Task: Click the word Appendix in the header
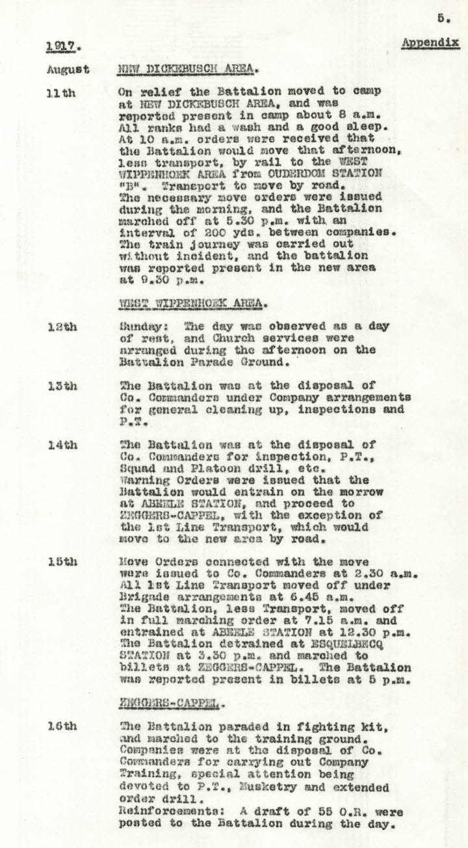(430, 43)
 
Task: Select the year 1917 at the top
(59, 46)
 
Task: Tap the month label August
(68, 70)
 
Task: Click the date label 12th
(62, 326)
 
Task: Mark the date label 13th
(62, 386)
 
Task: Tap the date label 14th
(62, 445)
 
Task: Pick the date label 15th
(62, 561)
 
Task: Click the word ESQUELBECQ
(369, 632)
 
